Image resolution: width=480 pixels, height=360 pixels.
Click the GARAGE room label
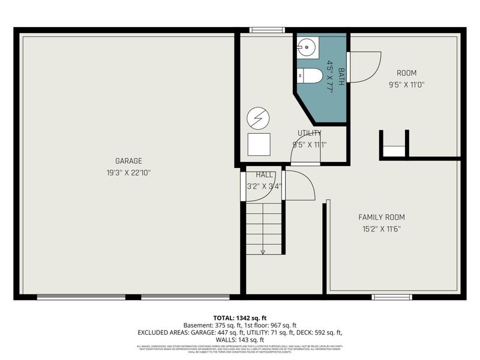(x=128, y=161)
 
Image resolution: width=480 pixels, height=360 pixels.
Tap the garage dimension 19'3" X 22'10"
(x=128, y=172)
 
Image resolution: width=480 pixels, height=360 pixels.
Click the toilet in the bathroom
(x=308, y=76)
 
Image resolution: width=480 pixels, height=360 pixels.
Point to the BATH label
(x=341, y=77)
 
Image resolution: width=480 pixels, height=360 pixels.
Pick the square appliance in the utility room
(x=259, y=144)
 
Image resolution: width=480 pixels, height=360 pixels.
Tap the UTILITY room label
(x=310, y=133)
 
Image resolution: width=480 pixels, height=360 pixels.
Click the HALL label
(x=265, y=175)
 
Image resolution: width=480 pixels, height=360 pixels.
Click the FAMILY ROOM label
(x=382, y=217)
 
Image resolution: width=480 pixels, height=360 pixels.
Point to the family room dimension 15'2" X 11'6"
(x=382, y=229)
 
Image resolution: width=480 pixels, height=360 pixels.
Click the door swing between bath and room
(x=365, y=66)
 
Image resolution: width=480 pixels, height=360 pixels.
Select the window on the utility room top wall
(x=267, y=30)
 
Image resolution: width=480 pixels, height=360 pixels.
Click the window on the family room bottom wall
(x=392, y=296)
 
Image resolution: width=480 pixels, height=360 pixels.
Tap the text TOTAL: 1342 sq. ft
(x=240, y=317)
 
